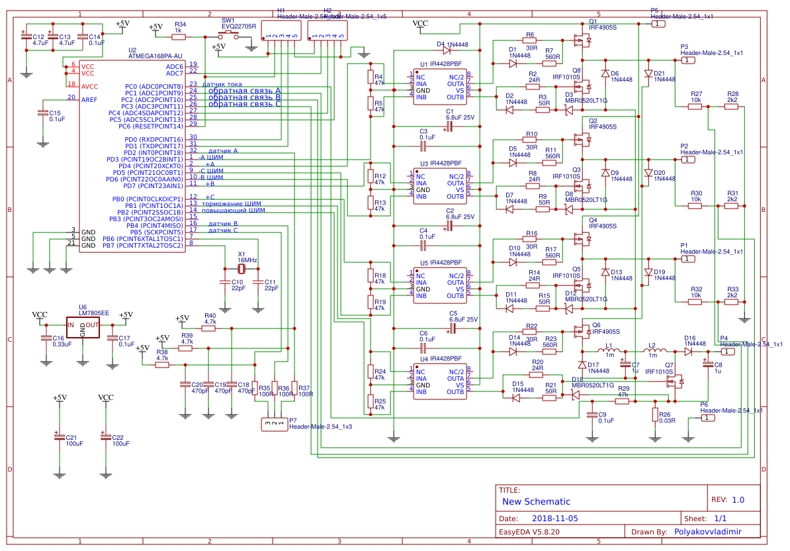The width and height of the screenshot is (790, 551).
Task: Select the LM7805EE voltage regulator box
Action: coord(83,326)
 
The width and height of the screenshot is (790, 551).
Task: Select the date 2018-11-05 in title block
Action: coord(555,519)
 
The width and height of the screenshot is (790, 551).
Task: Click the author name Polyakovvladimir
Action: coord(707,531)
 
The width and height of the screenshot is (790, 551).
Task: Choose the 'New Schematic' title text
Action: coord(536,501)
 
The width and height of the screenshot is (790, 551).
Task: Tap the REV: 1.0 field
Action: coord(728,500)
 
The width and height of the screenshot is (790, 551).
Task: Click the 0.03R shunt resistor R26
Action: coord(655,415)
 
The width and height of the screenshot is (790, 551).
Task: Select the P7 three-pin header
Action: coord(273,423)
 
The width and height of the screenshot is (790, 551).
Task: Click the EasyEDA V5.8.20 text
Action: coord(529,531)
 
